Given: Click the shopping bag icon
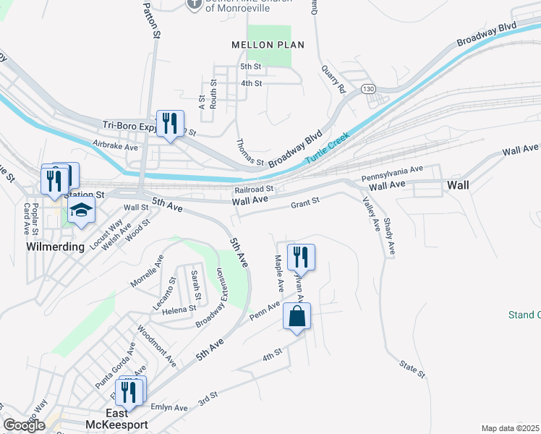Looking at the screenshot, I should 297,316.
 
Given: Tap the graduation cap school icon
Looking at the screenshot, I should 82,211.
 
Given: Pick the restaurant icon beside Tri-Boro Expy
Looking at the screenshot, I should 171,123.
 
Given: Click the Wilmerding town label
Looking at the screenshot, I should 56,246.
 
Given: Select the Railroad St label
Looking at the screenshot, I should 253,190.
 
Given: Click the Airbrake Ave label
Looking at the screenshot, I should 116,146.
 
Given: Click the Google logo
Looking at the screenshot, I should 25,425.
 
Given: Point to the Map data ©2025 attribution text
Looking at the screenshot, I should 511,428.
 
